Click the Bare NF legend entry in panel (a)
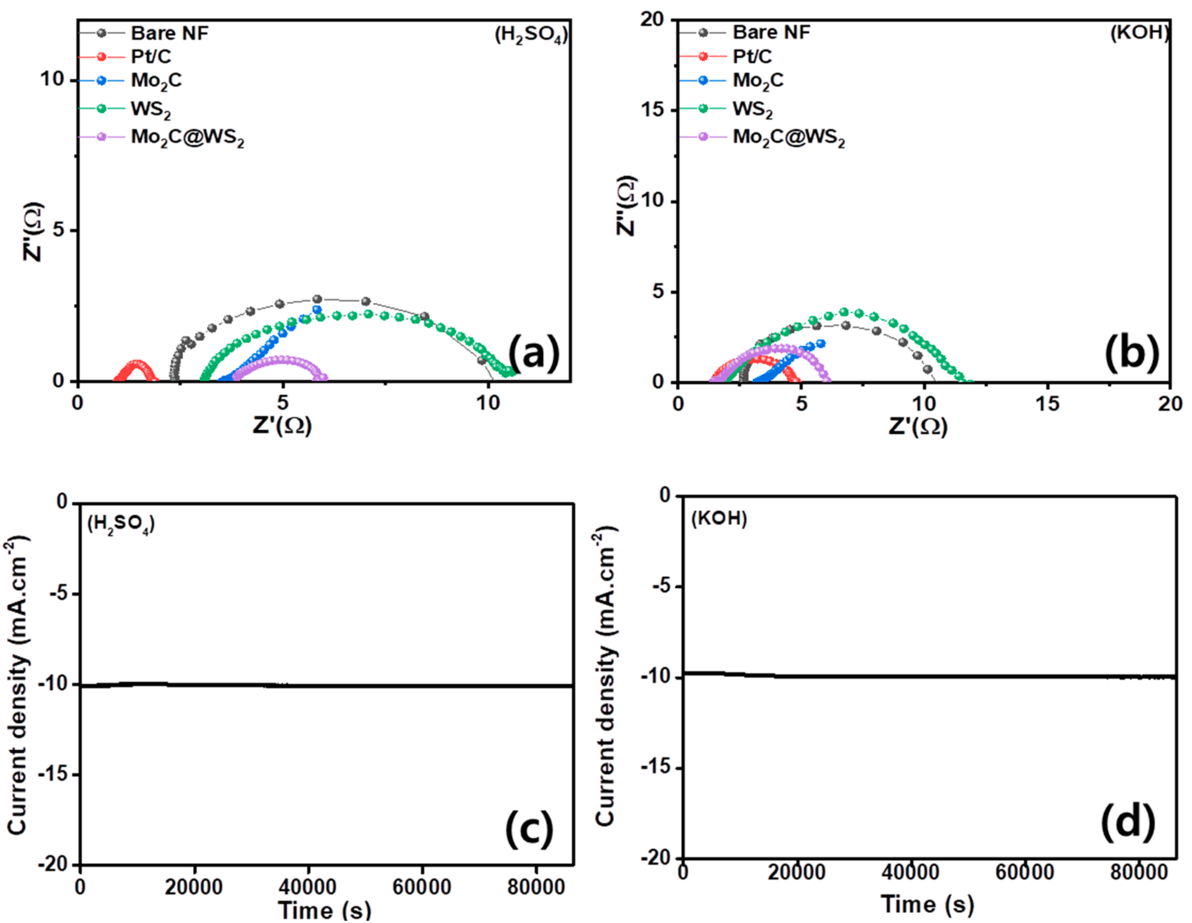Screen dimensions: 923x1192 [x=169, y=33]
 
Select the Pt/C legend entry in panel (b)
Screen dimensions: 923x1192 [x=752, y=56]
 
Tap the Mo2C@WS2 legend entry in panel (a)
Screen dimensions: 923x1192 [x=187, y=138]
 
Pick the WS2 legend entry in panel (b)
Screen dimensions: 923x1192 [x=752, y=110]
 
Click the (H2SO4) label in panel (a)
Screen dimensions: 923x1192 [x=531, y=35]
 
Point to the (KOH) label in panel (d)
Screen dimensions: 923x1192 [x=719, y=518]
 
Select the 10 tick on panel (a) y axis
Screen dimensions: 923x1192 [x=52, y=80]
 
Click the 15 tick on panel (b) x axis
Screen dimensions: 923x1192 [x=1047, y=404]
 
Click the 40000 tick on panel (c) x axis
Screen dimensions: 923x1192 [x=308, y=887]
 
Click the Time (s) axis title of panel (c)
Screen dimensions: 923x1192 [x=325, y=910]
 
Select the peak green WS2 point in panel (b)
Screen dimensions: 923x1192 [x=844, y=312]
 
